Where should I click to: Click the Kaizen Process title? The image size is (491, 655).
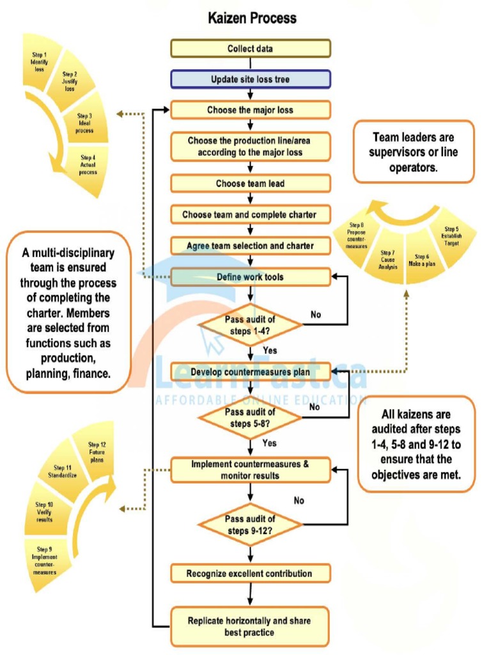click(252, 17)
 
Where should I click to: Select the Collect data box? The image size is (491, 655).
click(250, 49)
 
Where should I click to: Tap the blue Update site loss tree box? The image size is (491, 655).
click(250, 79)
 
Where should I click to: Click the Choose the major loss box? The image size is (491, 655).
click(250, 110)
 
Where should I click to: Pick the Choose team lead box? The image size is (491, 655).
click(250, 184)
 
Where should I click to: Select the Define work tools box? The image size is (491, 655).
click(250, 277)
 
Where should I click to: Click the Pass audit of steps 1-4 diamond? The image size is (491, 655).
click(250, 325)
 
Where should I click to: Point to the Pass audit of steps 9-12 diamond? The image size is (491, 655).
click(250, 524)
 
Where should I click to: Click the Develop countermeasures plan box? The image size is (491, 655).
click(250, 371)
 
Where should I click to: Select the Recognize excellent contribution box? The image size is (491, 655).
click(250, 573)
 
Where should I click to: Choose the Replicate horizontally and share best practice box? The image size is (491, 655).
click(250, 626)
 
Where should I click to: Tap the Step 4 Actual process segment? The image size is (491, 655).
click(88, 164)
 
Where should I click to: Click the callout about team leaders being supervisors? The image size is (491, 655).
click(414, 152)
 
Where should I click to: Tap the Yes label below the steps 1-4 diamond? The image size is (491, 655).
click(270, 351)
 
